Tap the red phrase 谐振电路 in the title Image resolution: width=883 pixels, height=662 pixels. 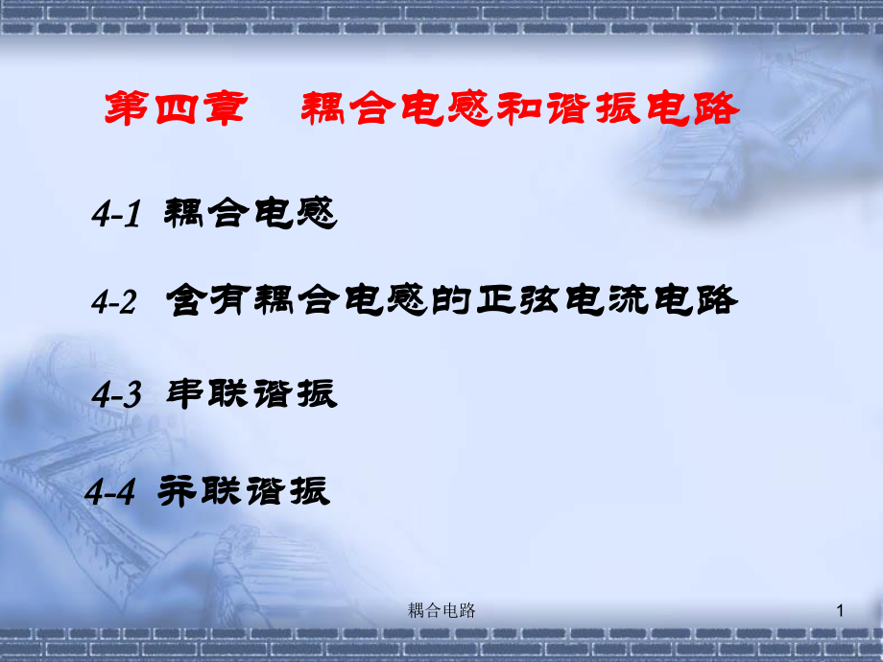643,108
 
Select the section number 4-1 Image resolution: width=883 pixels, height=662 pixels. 116,214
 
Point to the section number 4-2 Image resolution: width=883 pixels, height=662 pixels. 114,301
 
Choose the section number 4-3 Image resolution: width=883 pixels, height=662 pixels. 116,394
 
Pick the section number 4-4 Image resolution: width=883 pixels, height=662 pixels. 109,491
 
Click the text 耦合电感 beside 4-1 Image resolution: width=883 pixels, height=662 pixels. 251,213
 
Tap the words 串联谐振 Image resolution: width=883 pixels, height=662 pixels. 251,393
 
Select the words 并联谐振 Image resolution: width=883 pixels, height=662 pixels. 244,491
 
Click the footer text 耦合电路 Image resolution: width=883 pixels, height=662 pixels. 441,610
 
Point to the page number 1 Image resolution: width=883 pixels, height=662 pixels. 840,610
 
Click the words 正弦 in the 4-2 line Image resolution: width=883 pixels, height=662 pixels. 518,299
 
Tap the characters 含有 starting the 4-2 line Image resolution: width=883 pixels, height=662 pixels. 208,299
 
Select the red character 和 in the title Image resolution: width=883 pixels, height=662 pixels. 520,108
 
